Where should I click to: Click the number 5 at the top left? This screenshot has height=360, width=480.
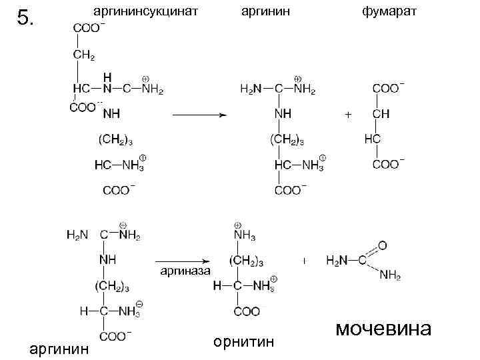(25, 18)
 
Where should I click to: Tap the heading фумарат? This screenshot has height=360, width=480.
(388, 11)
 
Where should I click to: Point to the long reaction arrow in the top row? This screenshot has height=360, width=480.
(200, 115)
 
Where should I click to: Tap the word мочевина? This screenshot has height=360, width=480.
(383, 329)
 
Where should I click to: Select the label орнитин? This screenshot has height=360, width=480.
(244, 342)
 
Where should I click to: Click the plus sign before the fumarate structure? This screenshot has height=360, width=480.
(348, 115)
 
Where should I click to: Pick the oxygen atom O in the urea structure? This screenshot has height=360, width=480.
(381, 245)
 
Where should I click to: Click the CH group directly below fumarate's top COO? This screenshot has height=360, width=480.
(381, 114)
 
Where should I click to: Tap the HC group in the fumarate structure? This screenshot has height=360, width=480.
(374, 139)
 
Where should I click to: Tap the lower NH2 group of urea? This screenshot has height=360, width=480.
(389, 275)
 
